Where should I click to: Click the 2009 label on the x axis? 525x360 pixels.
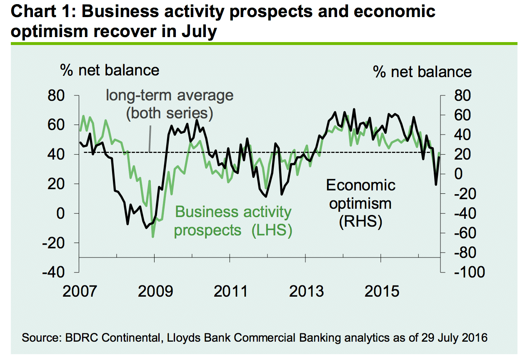pyautogui.click(x=155, y=290)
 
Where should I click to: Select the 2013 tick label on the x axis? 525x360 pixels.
pyautogui.click(x=306, y=290)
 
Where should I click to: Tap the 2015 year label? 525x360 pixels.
pyautogui.click(x=382, y=290)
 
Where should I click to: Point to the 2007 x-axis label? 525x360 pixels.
pyautogui.click(x=79, y=290)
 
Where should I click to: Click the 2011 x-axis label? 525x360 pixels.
pyautogui.click(x=230, y=290)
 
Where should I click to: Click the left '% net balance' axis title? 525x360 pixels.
pyautogui.click(x=110, y=70)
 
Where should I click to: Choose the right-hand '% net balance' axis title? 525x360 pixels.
pyautogui.click(x=422, y=72)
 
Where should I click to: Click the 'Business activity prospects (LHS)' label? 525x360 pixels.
pyautogui.click(x=233, y=221)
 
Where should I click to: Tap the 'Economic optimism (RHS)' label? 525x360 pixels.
pyautogui.click(x=360, y=203)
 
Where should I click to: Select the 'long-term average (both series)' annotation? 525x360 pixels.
pyautogui.click(x=170, y=104)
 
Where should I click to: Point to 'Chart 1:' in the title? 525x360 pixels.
pyautogui.click(x=40, y=11)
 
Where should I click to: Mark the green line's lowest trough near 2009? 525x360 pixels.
pyautogui.click(x=153, y=237)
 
